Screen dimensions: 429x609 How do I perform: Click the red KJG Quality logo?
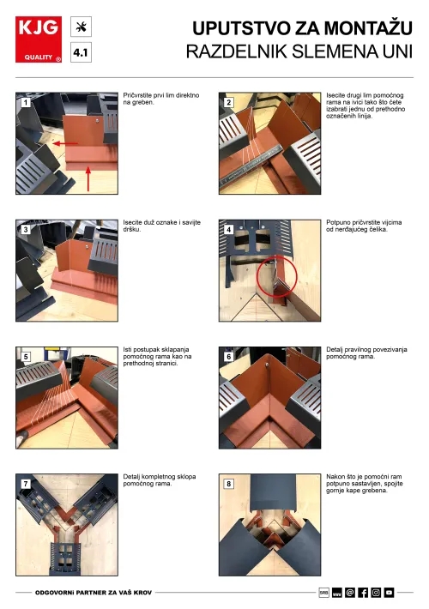coord(39,39)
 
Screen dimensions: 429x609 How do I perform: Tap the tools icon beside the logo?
coord(81,27)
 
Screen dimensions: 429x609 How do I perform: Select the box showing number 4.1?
coord(81,52)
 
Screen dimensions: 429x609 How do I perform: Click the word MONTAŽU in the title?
coord(368,28)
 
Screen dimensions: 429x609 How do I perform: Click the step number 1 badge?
coord(26,103)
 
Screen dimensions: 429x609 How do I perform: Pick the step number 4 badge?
coord(228,230)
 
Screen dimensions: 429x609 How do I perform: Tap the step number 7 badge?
coord(26,484)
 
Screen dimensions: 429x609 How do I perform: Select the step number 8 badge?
coord(228,484)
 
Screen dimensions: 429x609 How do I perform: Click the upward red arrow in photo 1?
coord(88,178)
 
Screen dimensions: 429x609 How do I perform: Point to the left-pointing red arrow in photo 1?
coord(65,143)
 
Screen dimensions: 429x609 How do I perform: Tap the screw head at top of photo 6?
coord(268,365)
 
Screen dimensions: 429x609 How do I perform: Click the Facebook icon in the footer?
coord(363,593)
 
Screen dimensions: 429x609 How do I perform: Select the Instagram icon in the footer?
coord(376,593)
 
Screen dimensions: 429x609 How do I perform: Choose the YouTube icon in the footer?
coord(389,593)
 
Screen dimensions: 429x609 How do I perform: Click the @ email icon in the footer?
coord(350,593)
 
